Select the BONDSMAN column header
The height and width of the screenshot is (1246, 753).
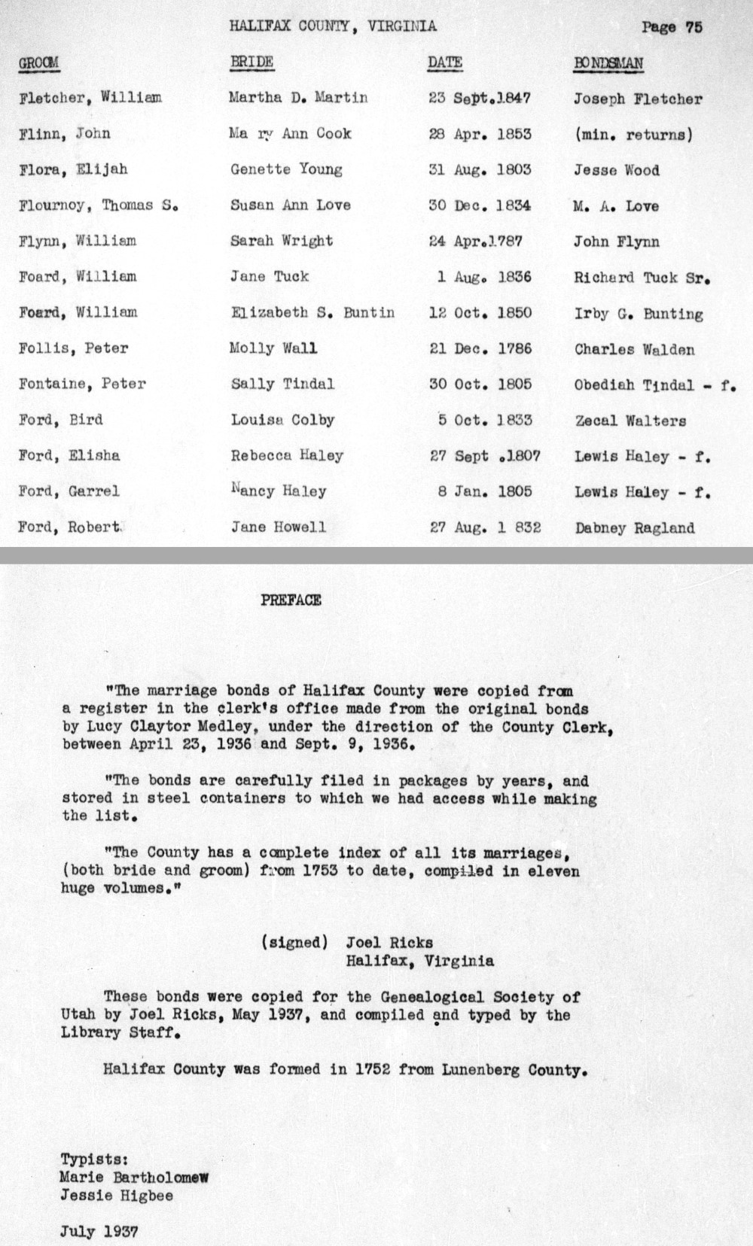608,62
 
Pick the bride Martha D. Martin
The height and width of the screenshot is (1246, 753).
299,98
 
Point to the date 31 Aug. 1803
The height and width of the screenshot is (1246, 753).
480,170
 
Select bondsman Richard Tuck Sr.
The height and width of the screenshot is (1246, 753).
642,277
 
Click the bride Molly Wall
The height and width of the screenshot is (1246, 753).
273,348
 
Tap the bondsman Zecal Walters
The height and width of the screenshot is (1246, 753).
630,421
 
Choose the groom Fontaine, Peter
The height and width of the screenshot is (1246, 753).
82,384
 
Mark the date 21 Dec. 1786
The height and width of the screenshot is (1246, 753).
480,348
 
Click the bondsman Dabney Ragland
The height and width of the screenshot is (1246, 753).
635,528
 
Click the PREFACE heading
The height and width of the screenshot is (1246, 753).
291,600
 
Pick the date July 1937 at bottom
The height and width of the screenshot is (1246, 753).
99,1232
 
